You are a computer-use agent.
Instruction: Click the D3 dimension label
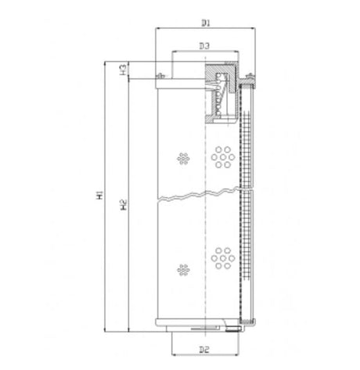[203, 46]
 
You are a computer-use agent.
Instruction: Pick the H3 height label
[124, 70]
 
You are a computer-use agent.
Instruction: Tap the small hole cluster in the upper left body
[185, 158]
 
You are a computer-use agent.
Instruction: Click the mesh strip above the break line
[247, 141]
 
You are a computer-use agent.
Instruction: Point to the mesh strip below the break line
[247, 258]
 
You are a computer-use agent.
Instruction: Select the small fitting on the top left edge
[160, 75]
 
